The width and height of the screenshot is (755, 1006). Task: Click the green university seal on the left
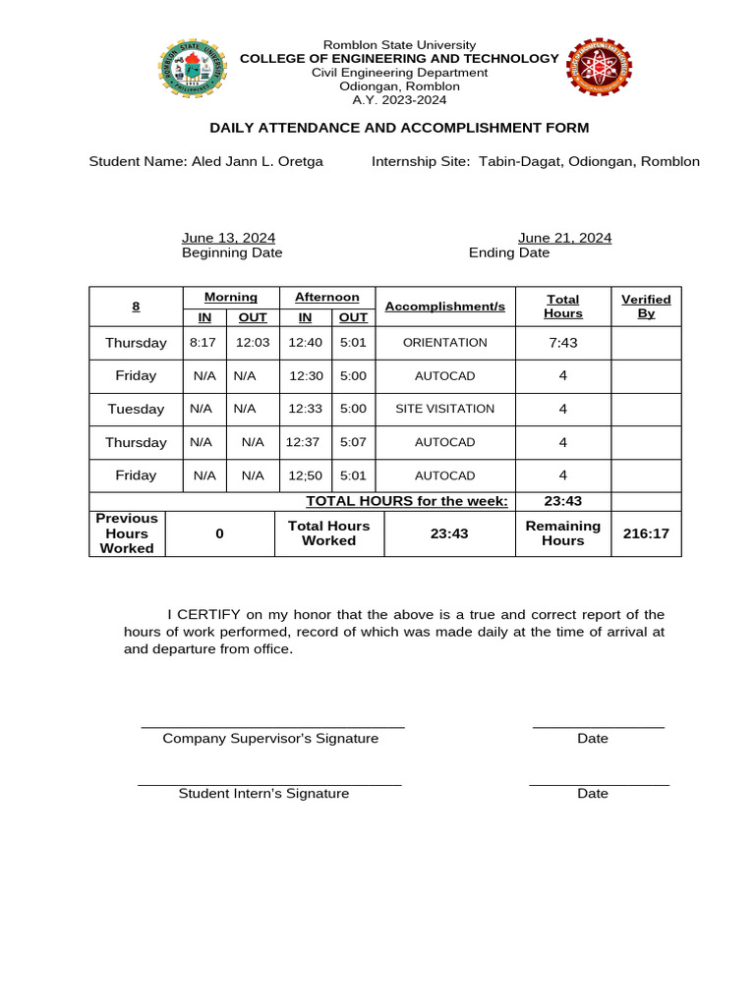tap(192, 67)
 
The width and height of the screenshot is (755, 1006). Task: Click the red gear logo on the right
tap(599, 67)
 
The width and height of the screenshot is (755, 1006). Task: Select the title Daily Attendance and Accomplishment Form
tap(399, 128)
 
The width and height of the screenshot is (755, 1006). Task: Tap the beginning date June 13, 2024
tap(228, 238)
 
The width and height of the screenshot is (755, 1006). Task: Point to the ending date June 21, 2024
tap(564, 238)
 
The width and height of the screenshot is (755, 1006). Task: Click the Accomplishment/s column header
tap(444, 307)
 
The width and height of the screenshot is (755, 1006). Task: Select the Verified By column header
tap(646, 306)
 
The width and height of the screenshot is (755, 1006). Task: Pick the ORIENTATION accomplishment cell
tap(445, 343)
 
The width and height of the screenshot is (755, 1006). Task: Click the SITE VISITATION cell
tap(445, 409)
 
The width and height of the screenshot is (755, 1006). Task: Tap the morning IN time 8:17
tap(203, 343)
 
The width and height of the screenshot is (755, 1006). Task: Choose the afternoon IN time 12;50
tap(305, 475)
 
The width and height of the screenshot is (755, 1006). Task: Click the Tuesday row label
tap(136, 409)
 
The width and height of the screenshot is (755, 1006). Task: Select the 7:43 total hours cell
tap(563, 343)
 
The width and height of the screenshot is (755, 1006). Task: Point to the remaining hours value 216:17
tap(647, 533)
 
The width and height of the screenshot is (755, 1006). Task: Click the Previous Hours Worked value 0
tap(219, 533)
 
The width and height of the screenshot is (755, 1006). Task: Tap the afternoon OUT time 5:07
tap(353, 442)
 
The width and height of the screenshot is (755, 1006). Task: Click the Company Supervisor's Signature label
tap(270, 739)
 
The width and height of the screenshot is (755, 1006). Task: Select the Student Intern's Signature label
tap(263, 794)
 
